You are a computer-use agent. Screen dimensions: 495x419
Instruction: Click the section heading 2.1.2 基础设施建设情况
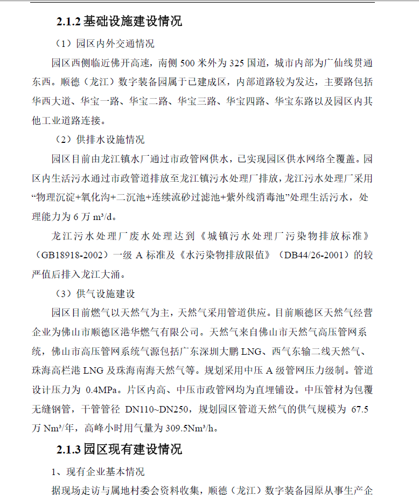coord(119,22)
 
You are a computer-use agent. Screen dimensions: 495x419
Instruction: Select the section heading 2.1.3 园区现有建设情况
coord(119,449)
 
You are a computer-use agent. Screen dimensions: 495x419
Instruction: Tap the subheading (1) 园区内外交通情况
coord(105,44)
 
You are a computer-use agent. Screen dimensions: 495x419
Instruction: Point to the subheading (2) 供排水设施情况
coord(100,140)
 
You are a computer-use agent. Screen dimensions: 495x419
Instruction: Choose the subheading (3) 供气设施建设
coord(95,294)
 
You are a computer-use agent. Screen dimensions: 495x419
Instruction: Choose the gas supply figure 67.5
coord(359,409)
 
